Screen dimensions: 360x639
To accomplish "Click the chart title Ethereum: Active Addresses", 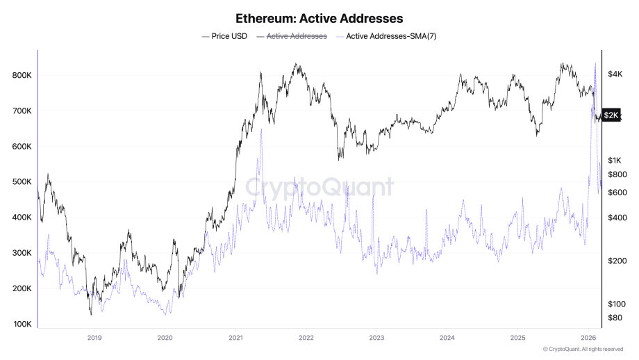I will tap(319, 19).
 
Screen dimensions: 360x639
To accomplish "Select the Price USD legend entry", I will tap(224, 35).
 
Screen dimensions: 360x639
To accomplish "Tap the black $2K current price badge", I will tap(611, 115).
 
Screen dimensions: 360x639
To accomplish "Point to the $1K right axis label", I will tap(615, 161).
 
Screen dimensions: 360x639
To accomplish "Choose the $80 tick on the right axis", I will tap(615, 318).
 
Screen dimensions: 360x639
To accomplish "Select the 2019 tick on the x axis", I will tap(94, 338).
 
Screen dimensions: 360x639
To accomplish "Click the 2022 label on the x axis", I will tap(306, 338).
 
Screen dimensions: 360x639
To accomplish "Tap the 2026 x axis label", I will tap(588, 338).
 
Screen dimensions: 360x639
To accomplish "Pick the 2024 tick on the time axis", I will tap(447, 338).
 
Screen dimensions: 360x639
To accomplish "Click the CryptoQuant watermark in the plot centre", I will tap(319, 187).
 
